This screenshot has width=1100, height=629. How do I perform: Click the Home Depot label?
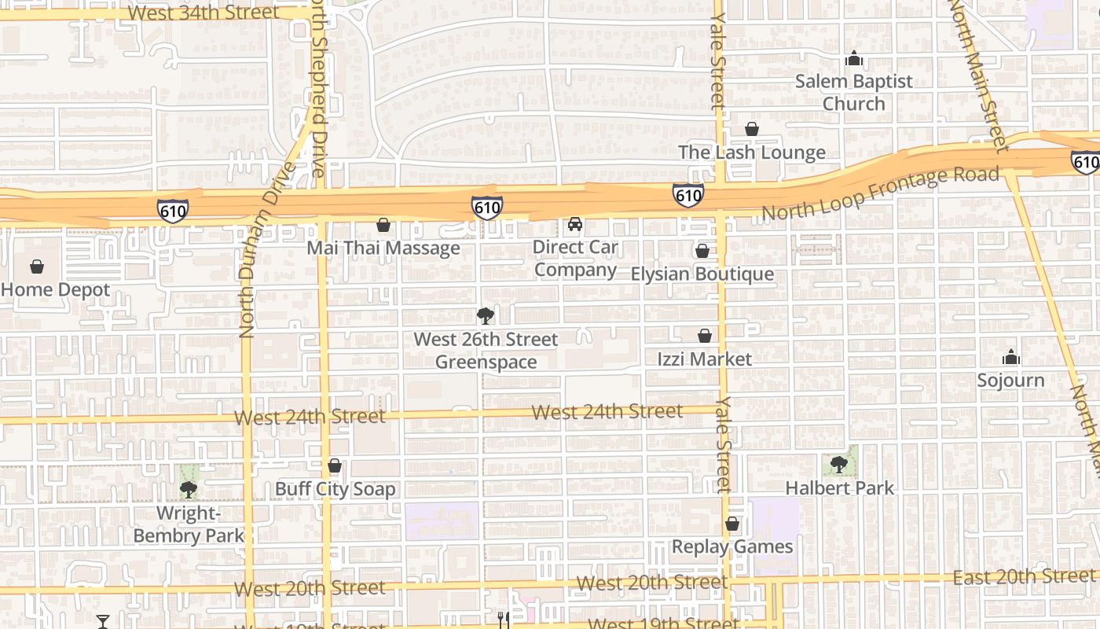coord(56,289)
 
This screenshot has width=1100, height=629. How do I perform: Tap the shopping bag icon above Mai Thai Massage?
coord(383,226)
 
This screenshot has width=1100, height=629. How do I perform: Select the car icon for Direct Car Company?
coord(575,224)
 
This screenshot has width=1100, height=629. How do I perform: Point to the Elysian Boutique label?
coord(702,274)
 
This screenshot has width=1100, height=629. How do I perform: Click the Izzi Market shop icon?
coord(704,336)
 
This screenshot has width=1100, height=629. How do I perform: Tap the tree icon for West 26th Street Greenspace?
coord(486,316)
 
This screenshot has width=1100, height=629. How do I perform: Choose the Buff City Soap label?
coord(335,489)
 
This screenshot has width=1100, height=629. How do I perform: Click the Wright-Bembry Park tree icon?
coord(188,490)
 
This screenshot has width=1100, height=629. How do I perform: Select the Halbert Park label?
coord(840,488)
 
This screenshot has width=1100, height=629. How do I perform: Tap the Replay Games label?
coord(732,546)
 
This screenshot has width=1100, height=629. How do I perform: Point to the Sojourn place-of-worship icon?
coord(1011,358)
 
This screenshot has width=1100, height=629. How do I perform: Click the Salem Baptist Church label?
coord(854,92)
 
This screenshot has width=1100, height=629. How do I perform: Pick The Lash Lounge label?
coord(752,153)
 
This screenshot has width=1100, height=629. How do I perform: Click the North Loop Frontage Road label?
coord(880,193)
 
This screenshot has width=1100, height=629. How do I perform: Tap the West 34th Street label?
coord(203,12)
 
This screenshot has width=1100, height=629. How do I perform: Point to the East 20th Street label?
coord(1024,576)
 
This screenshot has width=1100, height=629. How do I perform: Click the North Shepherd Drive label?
coord(316,86)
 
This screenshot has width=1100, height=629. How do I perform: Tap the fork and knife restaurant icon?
coord(504,620)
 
